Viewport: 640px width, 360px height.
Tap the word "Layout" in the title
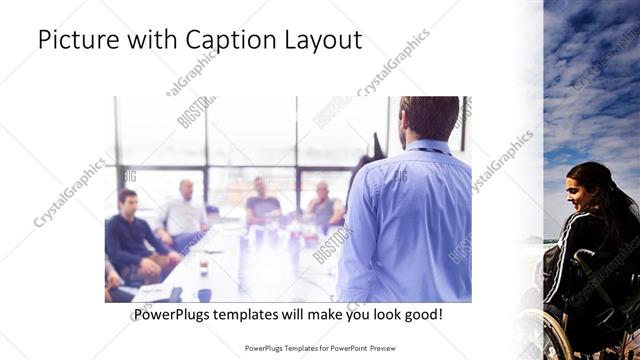point(322,39)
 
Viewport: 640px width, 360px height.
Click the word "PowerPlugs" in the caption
point(174,315)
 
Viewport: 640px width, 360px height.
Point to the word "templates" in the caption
point(255,315)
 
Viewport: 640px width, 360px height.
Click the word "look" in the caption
point(380,315)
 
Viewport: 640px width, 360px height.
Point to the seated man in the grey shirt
point(323,205)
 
